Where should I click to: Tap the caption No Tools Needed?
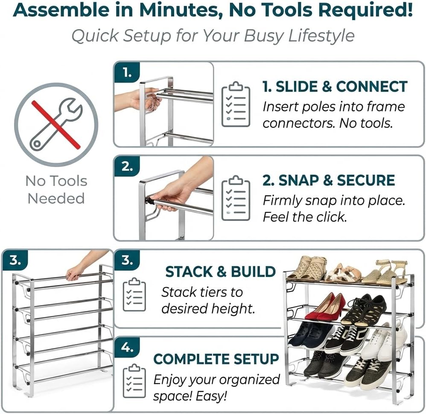[x=56, y=189]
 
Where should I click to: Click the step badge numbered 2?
[x=127, y=166]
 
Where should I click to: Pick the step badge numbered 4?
[x=127, y=347]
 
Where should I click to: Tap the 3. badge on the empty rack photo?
[x=15, y=260]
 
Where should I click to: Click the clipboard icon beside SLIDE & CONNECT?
[x=236, y=104]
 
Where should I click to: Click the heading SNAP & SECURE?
[x=328, y=180]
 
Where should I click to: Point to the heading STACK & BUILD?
[x=220, y=272]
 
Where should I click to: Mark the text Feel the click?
[x=304, y=217]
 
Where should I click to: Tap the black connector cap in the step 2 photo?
[x=150, y=200]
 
